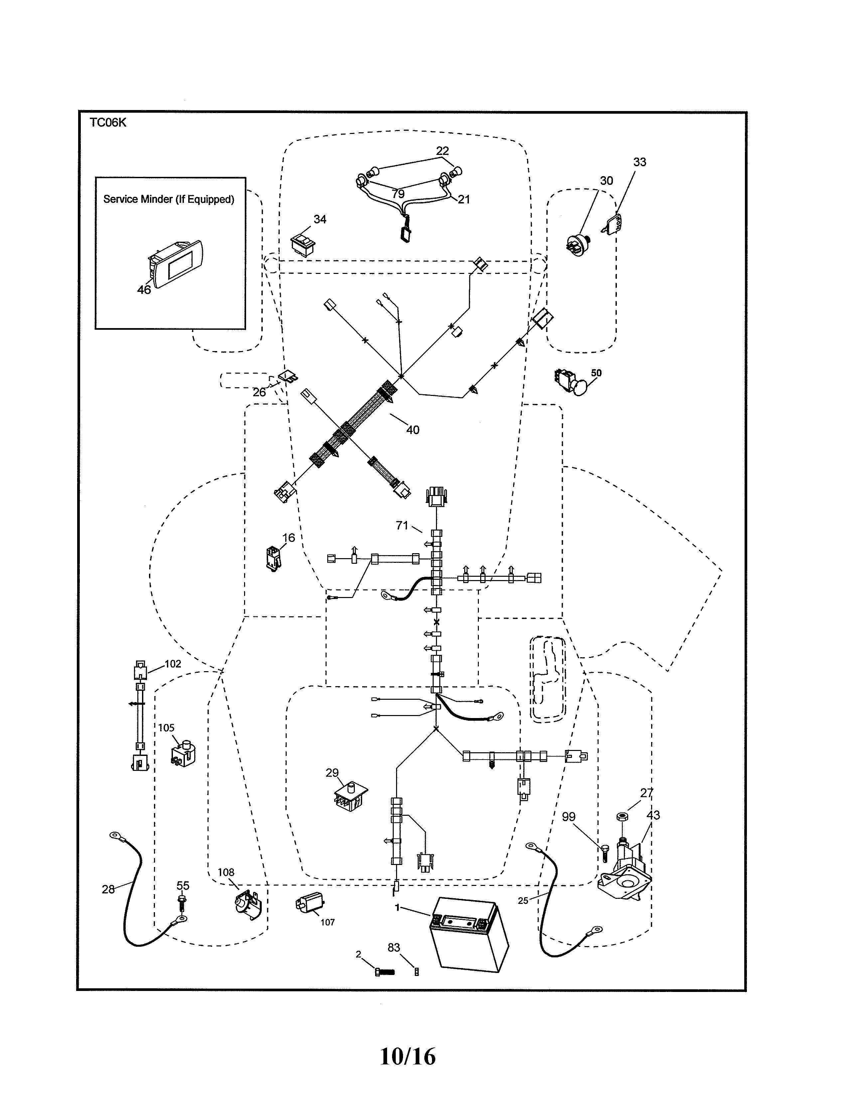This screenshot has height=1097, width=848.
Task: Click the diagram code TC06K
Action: pyautogui.click(x=108, y=123)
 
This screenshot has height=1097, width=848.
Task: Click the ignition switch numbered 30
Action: pyautogui.click(x=578, y=245)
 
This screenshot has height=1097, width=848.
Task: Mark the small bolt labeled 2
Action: pyautogui.click(x=385, y=972)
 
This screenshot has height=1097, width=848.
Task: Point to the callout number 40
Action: pyautogui.click(x=412, y=430)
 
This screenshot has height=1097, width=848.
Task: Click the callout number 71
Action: pyautogui.click(x=402, y=525)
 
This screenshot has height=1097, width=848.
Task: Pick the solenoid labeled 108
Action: pyautogui.click(x=248, y=905)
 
